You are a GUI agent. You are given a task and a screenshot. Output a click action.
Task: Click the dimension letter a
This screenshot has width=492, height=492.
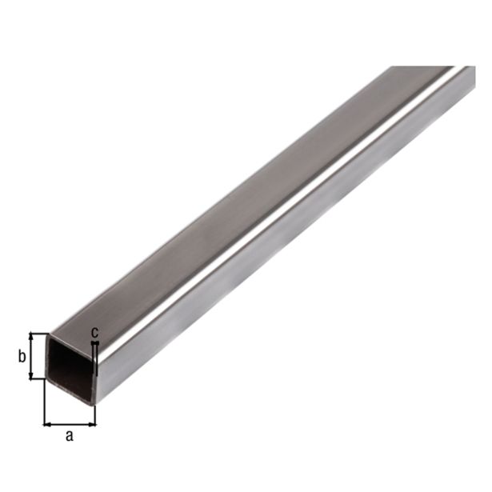pos(69,436)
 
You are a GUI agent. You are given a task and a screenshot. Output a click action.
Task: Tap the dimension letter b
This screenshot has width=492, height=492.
pos(22,356)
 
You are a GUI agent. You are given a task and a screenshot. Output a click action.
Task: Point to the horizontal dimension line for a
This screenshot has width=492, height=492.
pos(70,424)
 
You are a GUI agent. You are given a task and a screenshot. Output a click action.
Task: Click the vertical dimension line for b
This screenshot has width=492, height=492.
pos(33,356)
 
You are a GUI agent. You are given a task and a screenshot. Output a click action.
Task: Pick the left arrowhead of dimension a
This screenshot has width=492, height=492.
pos(47,424)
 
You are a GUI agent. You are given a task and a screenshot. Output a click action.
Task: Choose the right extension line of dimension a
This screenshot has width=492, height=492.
pos(96,414)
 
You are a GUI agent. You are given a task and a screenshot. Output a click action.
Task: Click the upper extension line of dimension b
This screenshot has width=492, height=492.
pos(38,332)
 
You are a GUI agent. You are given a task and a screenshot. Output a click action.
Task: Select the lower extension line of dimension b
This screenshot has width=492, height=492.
pos(37,379)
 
